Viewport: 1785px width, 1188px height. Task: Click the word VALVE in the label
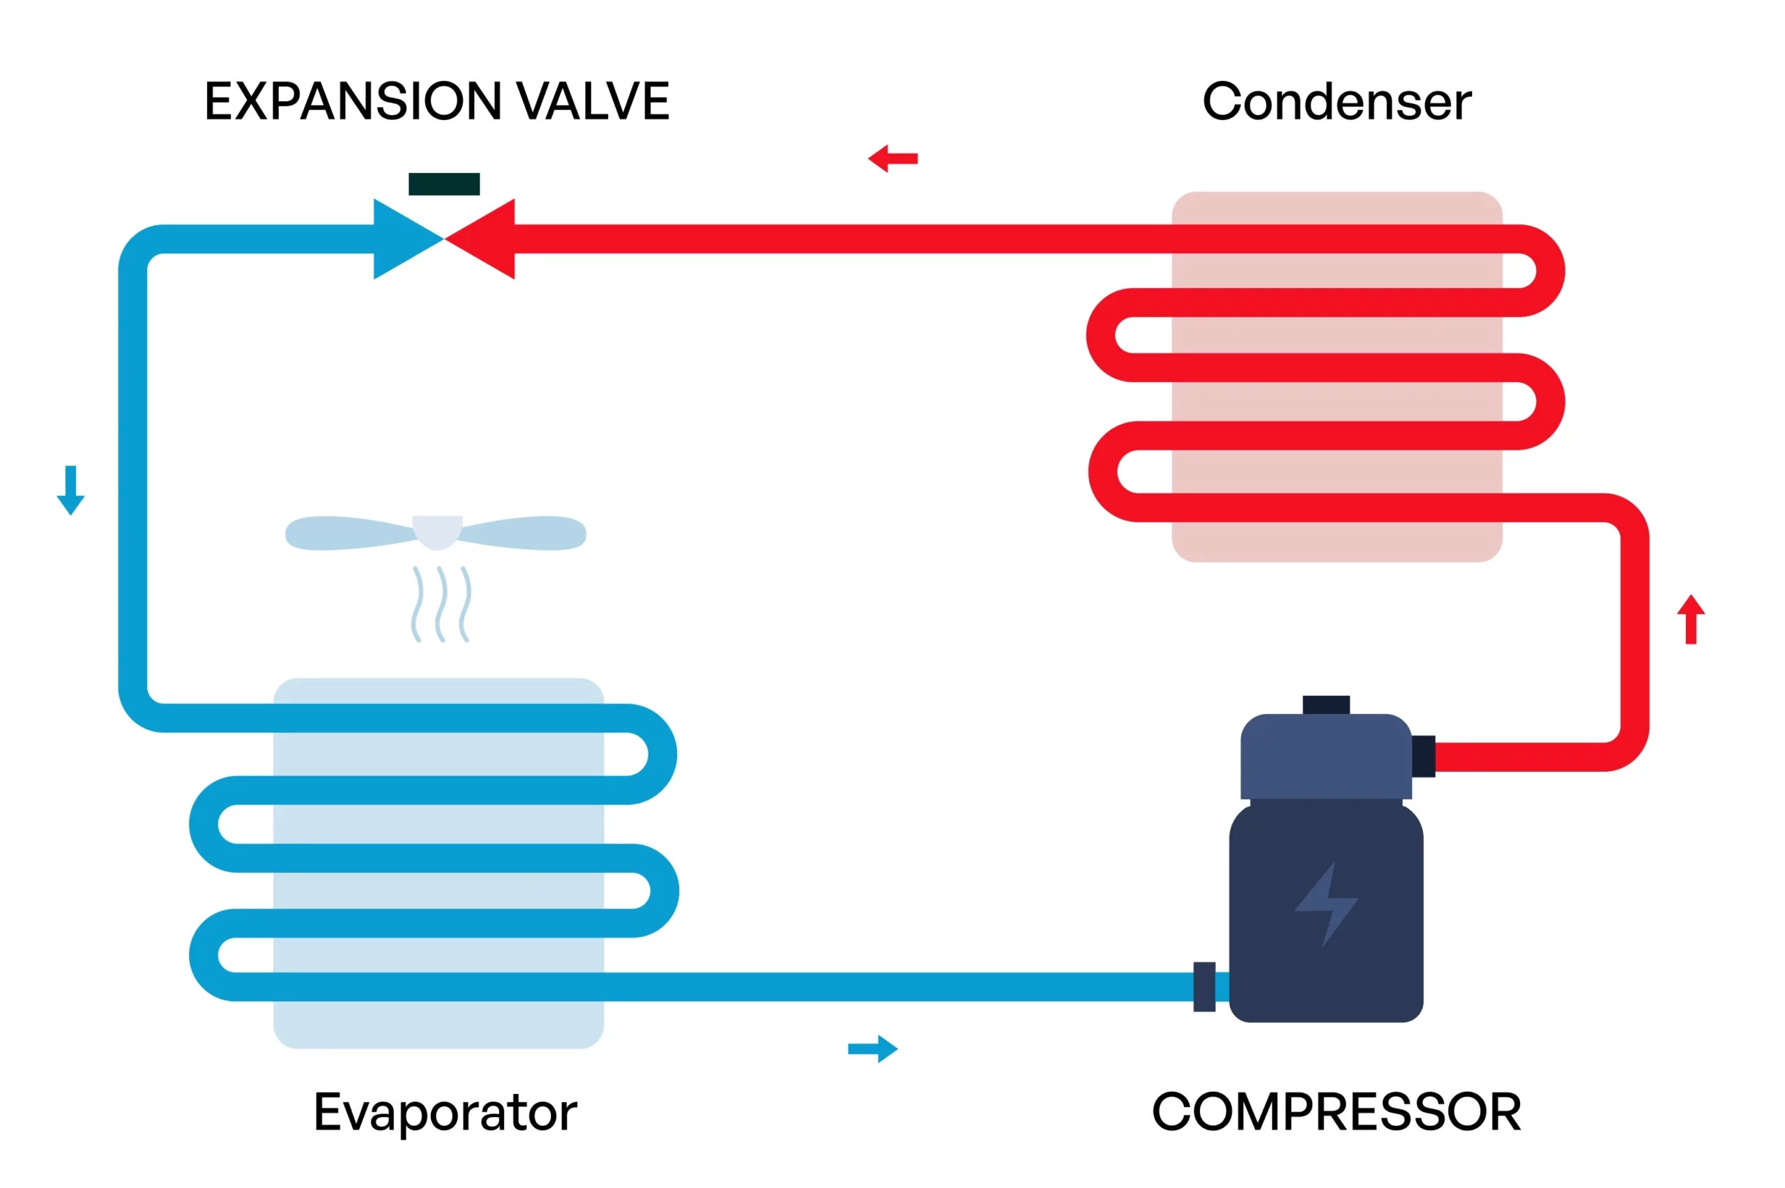pyautogui.click(x=593, y=102)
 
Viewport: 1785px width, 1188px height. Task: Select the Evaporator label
pyautogui.click(x=445, y=1112)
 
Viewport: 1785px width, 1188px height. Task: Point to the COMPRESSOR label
pyautogui.click(x=1336, y=1112)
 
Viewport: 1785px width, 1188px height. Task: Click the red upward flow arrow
pyautogui.click(x=1690, y=619)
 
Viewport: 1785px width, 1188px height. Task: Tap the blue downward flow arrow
pyautogui.click(x=70, y=490)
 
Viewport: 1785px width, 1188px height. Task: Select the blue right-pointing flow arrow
pyautogui.click(x=872, y=1049)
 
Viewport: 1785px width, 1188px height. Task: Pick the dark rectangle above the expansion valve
pyautogui.click(x=444, y=184)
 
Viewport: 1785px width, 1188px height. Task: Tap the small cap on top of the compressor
pyautogui.click(x=1326, y=705)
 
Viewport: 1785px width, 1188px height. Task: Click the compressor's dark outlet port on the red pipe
pyautogui.click(x=1423, y=756)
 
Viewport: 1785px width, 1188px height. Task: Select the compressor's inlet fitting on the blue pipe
pyautogui.click(x=1204, y=987)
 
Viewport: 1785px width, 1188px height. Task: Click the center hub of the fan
pyautogui.click(x=437, y=531)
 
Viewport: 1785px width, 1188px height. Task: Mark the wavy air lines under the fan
pyautogui.click(x=441, y=604)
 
